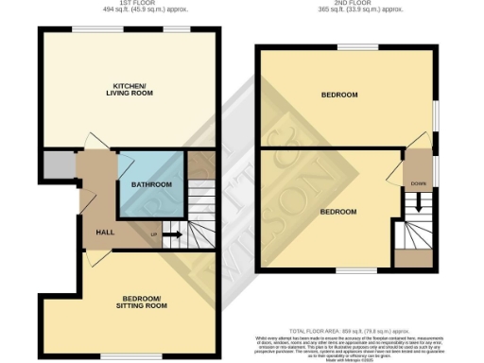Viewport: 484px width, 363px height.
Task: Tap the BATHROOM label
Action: [x=151, y=184]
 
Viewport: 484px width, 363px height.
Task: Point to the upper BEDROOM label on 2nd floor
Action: [x=339, y=95]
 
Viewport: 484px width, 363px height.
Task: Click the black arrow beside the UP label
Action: [x=173, y=233]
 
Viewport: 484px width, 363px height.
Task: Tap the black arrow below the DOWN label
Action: [x=417, y=202]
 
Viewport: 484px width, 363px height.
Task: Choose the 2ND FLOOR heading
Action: [x=347, y=4]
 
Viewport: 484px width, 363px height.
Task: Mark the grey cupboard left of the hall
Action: [x=58, y=168]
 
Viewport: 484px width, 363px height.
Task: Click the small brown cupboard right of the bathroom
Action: [x=200, y=164]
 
